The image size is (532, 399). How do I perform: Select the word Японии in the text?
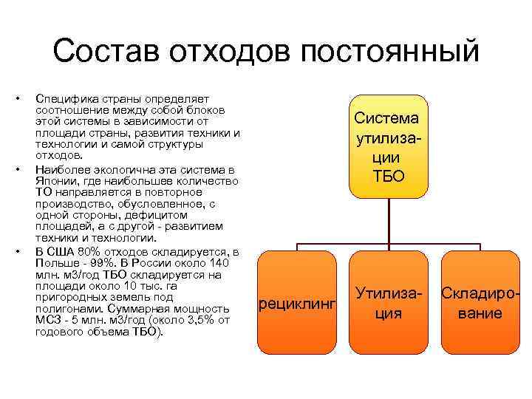(56, 181)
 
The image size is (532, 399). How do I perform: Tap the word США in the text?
(61, 252)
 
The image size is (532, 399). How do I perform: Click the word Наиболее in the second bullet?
(61, 169)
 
